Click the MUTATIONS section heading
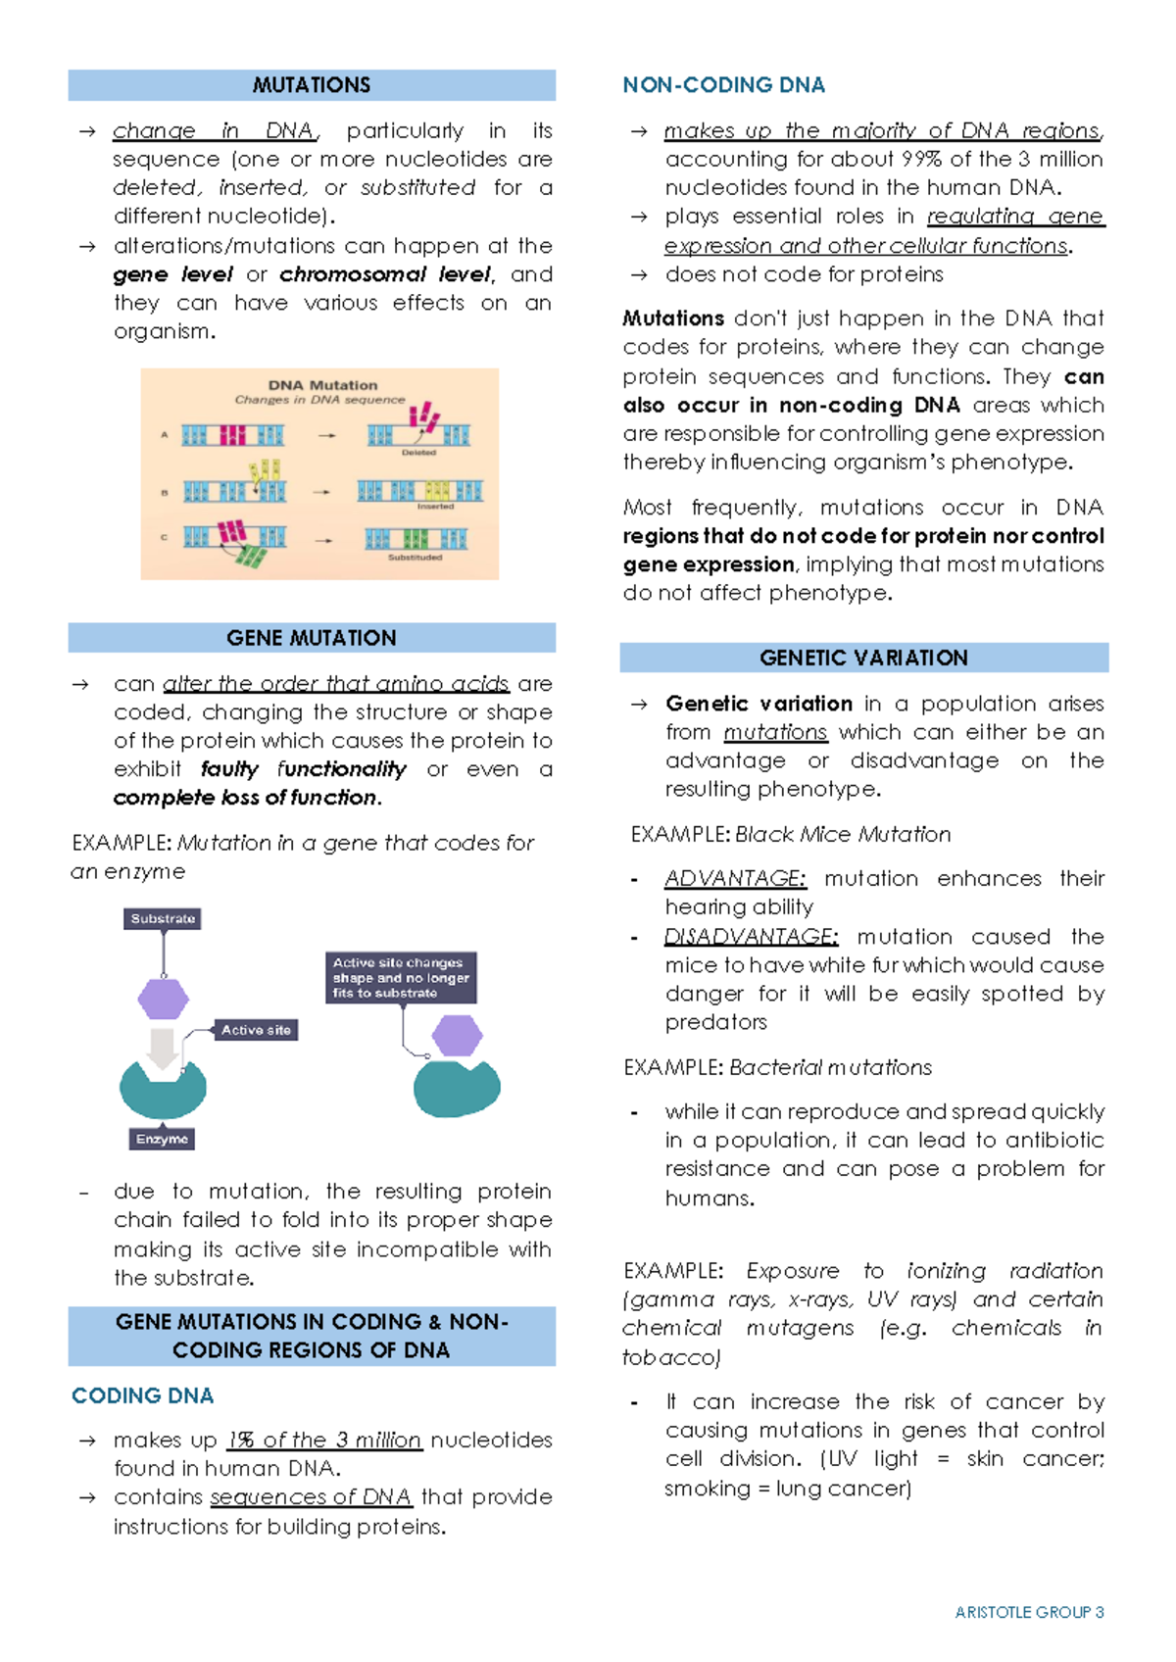312,85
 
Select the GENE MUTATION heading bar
312,638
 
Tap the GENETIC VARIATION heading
863,658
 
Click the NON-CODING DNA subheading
723,85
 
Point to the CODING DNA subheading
142,1395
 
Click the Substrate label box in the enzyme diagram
163,919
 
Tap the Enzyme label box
162,1139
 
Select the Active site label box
256,1030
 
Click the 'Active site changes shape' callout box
401,978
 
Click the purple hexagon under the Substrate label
163,1000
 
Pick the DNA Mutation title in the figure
322,385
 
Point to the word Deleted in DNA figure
418,453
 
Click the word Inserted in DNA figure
435,507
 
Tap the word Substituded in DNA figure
415,558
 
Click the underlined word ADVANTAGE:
735,878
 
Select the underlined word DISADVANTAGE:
751,936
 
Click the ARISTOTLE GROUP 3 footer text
1029,1612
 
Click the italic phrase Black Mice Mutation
843,834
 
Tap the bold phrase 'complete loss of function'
245,798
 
